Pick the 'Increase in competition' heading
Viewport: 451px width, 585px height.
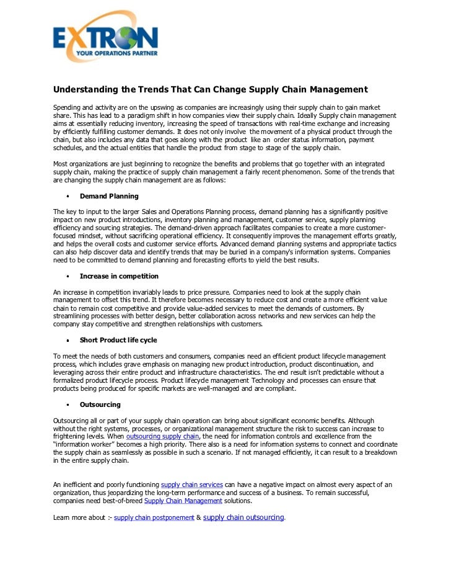click(119, 276)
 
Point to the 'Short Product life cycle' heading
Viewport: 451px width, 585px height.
click(118, 340)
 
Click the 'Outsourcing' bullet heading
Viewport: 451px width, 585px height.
click(100, 404)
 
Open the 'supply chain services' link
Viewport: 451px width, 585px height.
click(191, 484)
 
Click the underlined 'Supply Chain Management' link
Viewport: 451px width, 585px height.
click(183, 501)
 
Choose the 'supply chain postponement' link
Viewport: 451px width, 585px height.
click(154, 517)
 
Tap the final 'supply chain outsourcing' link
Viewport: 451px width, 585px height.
click(243, 517)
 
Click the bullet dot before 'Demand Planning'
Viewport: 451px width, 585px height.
click(67, 197)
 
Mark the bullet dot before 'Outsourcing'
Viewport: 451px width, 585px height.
click(67, 405)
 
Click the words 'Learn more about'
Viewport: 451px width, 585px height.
click(79, 517)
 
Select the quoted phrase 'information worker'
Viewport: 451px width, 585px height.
click(85, 444)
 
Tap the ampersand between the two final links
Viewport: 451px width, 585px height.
click(198, 517)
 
